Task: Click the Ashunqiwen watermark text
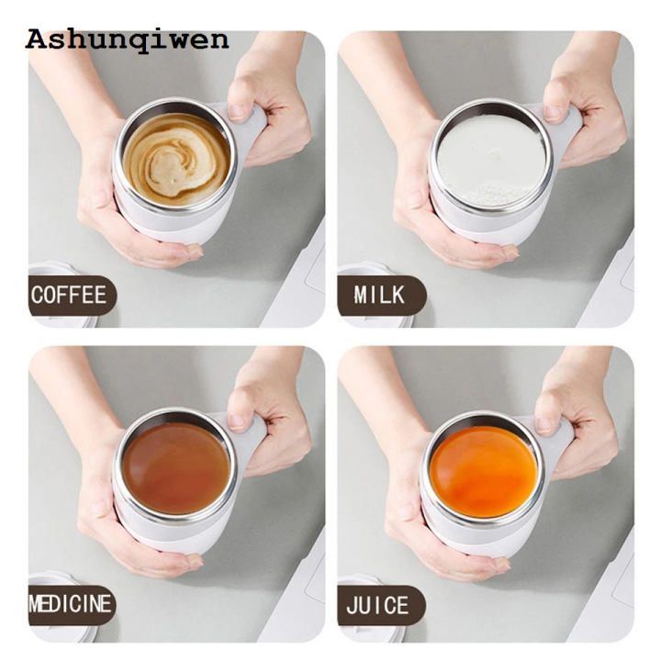coord(127,39)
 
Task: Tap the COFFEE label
coord(70,296)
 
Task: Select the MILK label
coord(379,296)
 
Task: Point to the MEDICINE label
coord(71,605)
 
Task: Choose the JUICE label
coord(379,605)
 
